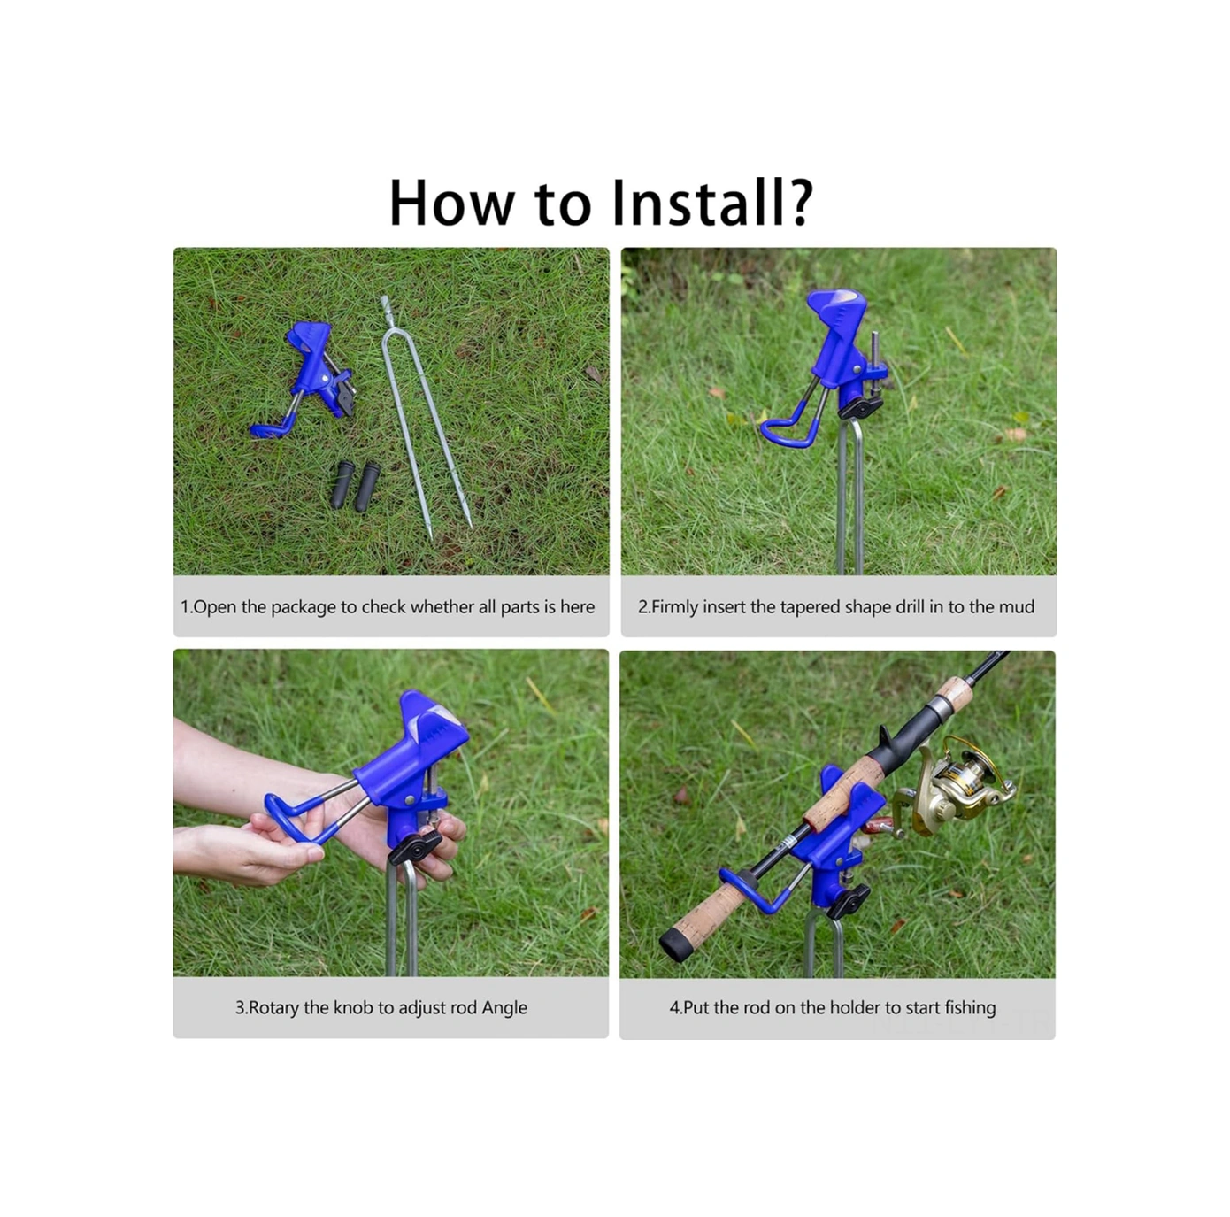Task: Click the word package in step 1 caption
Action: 303,607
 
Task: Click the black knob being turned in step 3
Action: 414,847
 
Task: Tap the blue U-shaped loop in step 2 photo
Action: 789,427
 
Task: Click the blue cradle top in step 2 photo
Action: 837,310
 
